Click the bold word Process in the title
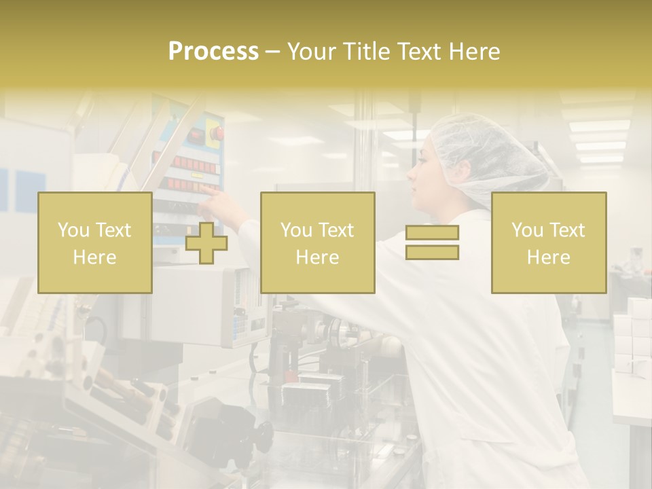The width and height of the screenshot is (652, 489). (213, 52)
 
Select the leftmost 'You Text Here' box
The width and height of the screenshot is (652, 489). (94, 242)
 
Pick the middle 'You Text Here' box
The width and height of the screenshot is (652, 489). (317, 242)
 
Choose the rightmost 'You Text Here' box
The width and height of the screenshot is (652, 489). (548, 242)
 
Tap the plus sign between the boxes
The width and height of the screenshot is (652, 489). (206, 242)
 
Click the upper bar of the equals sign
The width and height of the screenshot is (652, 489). (432, 232)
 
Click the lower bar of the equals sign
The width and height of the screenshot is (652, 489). (432, 252)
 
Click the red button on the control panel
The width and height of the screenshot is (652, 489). (216, 132)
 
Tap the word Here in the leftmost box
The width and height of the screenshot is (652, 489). (94, 257)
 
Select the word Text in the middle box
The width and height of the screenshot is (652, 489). (338, 230)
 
